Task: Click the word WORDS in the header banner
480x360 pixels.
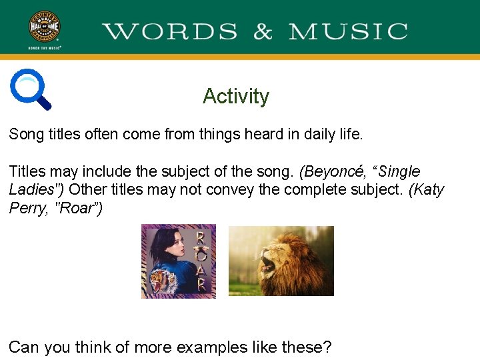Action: tap(170, 31)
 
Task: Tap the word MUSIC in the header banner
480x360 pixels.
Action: tap(348, 31)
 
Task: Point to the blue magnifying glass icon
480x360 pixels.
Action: tap(31, 89)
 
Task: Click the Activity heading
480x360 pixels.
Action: tap(236, 96)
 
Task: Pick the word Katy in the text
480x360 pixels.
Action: tap(427, 189)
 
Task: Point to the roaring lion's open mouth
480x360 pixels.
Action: tap(267, 263)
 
